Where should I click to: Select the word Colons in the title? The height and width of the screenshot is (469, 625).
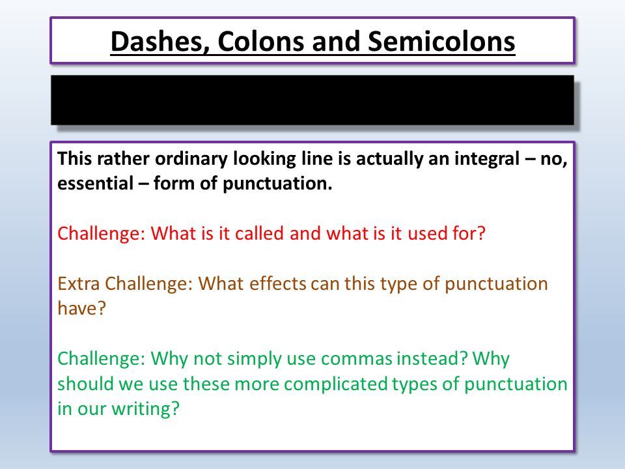coord(261,41)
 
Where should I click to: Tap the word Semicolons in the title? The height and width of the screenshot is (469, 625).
coord(441,41)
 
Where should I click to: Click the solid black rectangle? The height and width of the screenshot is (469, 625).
coord(312,100)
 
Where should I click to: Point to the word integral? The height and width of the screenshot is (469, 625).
coord(487,159)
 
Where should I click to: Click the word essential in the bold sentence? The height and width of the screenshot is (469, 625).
coord(95,184)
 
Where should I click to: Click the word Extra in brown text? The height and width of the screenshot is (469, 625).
coord(79,283)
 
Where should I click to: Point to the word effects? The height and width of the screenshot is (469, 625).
coord(278,283)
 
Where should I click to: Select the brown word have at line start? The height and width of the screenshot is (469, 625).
coord(81,308)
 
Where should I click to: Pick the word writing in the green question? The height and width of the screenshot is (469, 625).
coord(145,409)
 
